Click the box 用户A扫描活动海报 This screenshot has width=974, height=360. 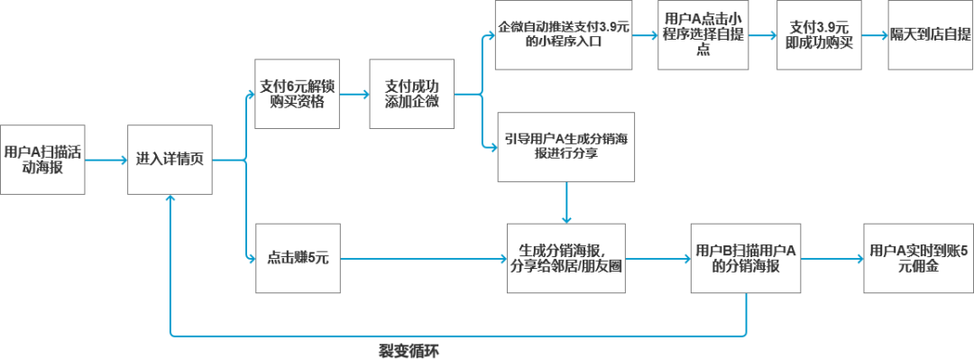[x=42, y=160]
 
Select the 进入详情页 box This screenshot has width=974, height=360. [x=170, y=160]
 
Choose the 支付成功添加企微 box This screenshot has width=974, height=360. [x=412, y=94]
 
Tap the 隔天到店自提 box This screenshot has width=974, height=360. [x=930, y=34]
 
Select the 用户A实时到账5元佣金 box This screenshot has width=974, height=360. [x=917, y=258]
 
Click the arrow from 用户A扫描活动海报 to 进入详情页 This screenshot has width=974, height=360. [x=106, y=161]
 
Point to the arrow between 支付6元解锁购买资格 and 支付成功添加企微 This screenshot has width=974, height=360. [x=354, y=94]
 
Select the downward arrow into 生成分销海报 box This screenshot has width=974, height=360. [x=566, y=203]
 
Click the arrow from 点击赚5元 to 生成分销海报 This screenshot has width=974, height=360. [x=424, y=259]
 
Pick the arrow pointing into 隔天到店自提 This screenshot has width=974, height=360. [x=873, y=36]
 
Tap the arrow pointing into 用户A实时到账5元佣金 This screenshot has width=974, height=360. [x=831, y=259]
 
